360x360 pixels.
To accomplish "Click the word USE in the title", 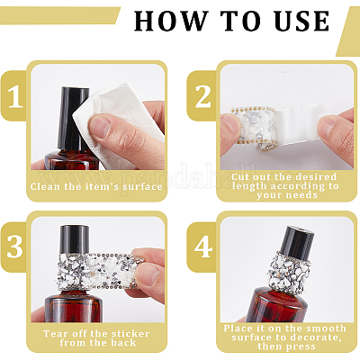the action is click(x=302, y=21).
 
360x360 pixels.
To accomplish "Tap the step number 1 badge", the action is click(x=15, y=96).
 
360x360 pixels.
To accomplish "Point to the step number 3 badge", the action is click(x=14, y=247).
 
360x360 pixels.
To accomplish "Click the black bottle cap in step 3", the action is click(x=75, y=239).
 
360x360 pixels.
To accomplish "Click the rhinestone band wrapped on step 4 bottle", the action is click(x=288, y=271).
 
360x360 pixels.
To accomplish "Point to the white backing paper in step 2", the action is click(x=300, y=126).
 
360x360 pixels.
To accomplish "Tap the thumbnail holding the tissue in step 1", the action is click(x=101, y=126).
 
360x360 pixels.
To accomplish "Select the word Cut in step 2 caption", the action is click(x=240, y=176).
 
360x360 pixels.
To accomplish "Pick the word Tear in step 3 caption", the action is click(x=54, y=334).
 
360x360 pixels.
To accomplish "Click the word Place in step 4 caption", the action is click(x=238, y=328).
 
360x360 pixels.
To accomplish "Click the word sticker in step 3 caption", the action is click(x=130, y=334).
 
